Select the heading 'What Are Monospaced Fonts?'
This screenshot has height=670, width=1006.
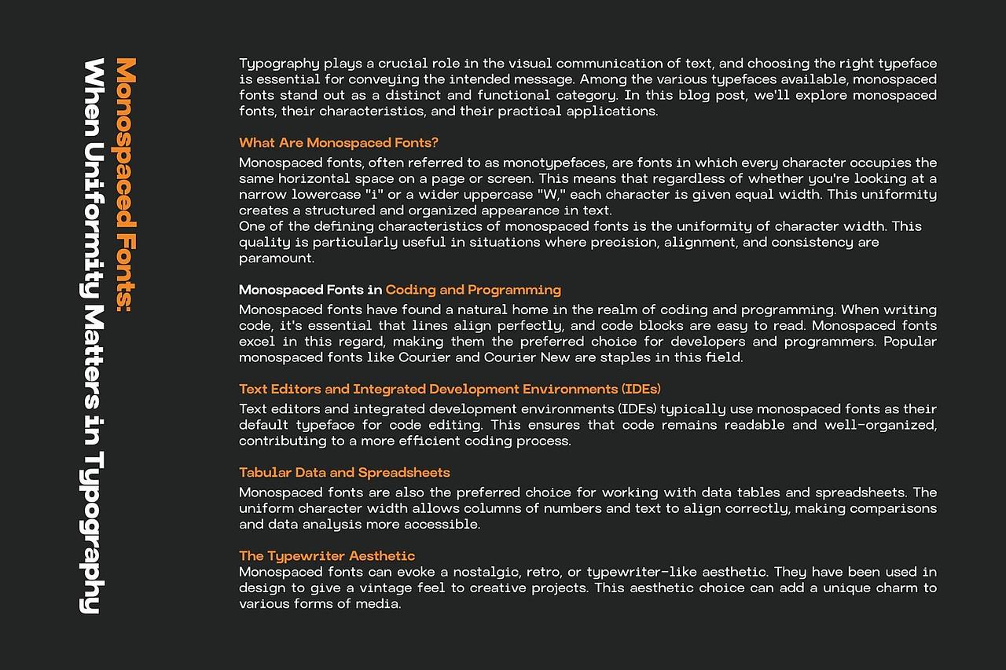(338, 143)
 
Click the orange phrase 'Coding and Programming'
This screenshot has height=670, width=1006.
(473, 290)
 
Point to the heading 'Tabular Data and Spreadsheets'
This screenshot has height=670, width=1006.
(344, 473)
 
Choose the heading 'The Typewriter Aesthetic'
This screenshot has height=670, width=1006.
(327, 556)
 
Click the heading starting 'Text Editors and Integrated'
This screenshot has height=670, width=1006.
(450, 389)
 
